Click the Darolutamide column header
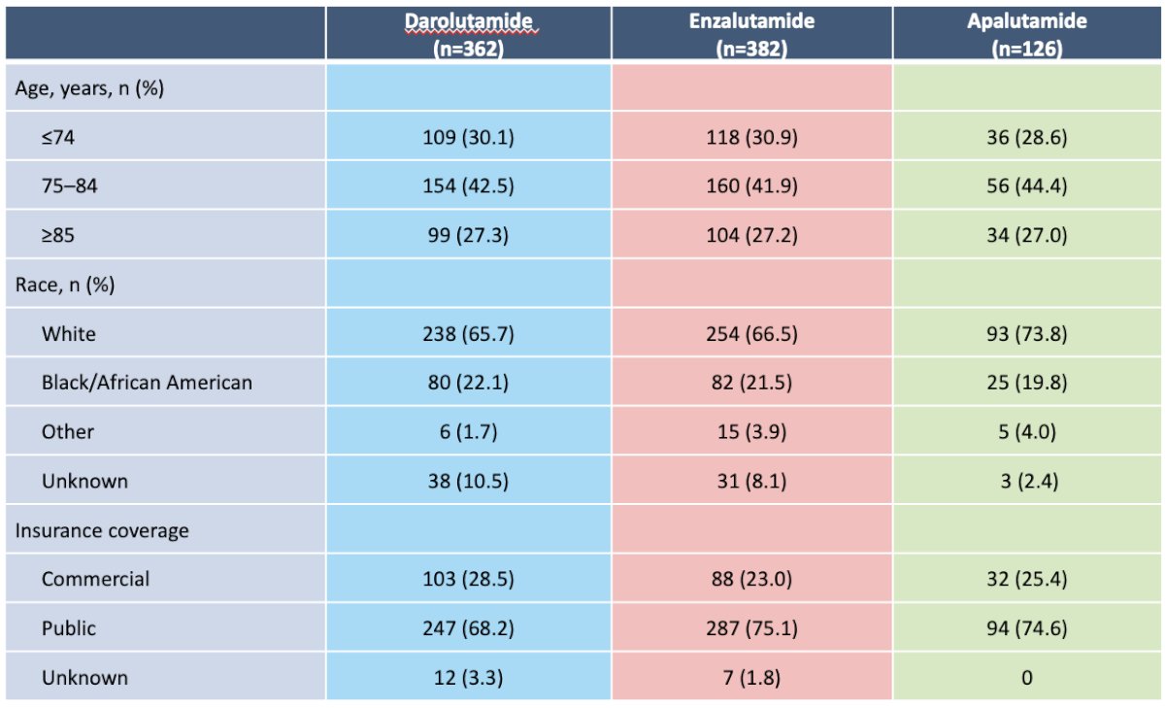[469, 34]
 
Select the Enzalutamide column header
[751, 34]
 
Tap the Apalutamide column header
[1027, 34]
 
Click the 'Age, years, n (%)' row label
[89, 88]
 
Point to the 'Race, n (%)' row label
[65, 285]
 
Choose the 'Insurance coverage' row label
[102, 530]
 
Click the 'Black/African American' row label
[147, 383]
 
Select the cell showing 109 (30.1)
[468, 137]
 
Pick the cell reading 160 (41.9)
[751, 186]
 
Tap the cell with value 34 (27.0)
[1027, 235]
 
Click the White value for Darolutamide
[468, 334]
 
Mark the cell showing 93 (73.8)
[1027, 334]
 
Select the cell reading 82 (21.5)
[751, 383]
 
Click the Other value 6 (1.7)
[468, 432]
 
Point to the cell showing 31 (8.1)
[751, 481]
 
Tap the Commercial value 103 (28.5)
[468, 579]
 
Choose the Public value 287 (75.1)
[751, 628]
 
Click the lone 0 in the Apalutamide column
[1027, 678]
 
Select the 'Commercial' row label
[95, 579]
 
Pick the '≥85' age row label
[57, 235]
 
